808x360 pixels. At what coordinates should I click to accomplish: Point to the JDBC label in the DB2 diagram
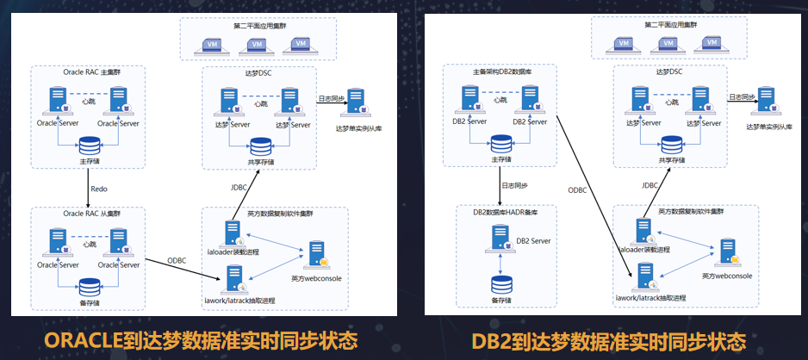tap(650, 184)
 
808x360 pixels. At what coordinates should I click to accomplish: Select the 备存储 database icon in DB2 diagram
tap(499, 286)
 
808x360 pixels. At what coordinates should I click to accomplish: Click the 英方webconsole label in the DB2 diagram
tap(726, 276)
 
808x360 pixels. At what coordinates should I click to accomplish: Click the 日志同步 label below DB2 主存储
tap(514, 185)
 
